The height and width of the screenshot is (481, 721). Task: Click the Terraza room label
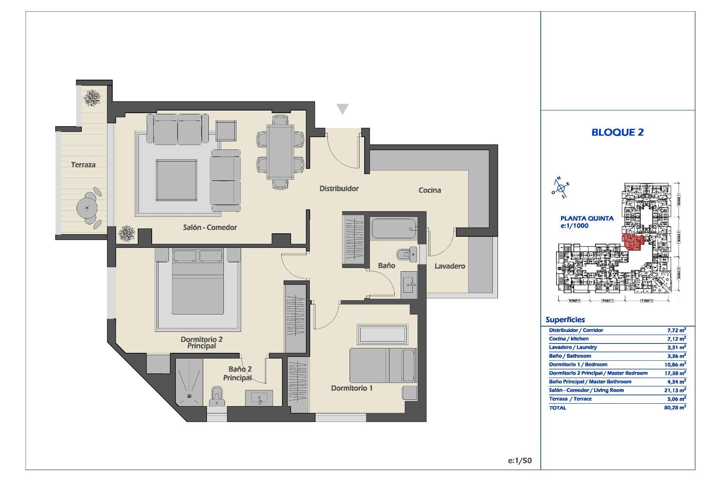click(x=83, y=165)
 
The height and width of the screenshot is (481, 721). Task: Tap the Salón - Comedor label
click(x=210, y=227)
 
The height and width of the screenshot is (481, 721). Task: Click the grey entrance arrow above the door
click(x=342, y=109)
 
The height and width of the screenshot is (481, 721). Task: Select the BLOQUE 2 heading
click(x=617, y=132)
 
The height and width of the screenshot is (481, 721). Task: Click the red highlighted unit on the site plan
click(x=633, y=242)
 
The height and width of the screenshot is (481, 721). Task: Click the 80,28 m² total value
click(x=675, y=407)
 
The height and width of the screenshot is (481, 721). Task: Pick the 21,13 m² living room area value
click(x=675, y=390)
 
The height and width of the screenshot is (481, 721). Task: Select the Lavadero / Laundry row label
click(x=573, y=347)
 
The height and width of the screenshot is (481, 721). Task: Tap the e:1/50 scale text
click(x=520, y=461)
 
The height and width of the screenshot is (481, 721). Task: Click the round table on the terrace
click(x=87, y=208)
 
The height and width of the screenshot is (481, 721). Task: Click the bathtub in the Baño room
click(x=394, y=229)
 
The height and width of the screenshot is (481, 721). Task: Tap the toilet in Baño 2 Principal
click(x=217, y=396)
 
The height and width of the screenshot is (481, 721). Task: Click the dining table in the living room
click(x=280, y=152)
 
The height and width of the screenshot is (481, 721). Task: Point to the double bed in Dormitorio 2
click(x=198, y=287)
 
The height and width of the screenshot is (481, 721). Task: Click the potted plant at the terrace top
click(x=92, y=98)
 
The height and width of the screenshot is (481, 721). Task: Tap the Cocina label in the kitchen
click(x=430, y=190)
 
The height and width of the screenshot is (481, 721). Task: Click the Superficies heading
click(x=565, y=320)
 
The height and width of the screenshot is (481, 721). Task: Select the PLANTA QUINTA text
click(x=587, y=218)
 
